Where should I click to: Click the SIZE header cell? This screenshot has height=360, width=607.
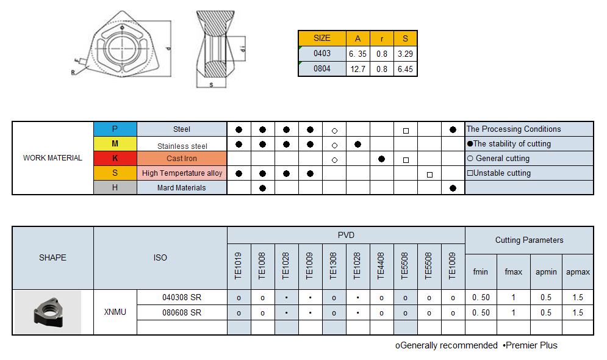(321, 38)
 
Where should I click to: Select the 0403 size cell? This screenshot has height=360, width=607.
(321, 54)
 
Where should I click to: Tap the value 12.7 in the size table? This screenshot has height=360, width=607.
(357, 69)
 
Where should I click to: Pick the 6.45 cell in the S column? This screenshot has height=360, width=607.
(405, 69)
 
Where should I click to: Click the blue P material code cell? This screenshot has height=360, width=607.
(115, 129)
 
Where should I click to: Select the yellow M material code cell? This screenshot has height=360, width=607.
(115, 143)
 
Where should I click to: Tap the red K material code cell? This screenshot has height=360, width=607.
(115, 158)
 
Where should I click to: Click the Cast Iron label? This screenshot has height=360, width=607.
(182, 159)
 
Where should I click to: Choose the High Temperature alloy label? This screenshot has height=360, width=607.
(182, 173)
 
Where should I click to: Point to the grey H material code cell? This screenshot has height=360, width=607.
(115, 187)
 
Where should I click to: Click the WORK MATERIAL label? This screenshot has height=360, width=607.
(52, 158)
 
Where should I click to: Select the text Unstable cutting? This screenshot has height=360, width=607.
(501, 173)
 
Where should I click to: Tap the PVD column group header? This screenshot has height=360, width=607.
(346, 235)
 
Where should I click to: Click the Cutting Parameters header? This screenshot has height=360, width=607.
(529, 240)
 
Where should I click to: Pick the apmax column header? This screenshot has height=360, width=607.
(578, 272)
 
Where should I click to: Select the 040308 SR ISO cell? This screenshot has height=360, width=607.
(182, 298)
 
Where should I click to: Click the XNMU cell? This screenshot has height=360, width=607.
(115, 312)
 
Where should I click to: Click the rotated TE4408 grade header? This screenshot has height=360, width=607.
(381, 266)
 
